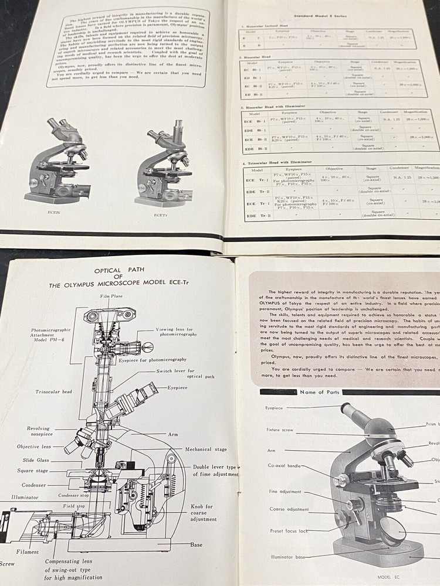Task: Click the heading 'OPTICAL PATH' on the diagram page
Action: tap(120, 270)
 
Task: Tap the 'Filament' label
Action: tap(28, 551)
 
